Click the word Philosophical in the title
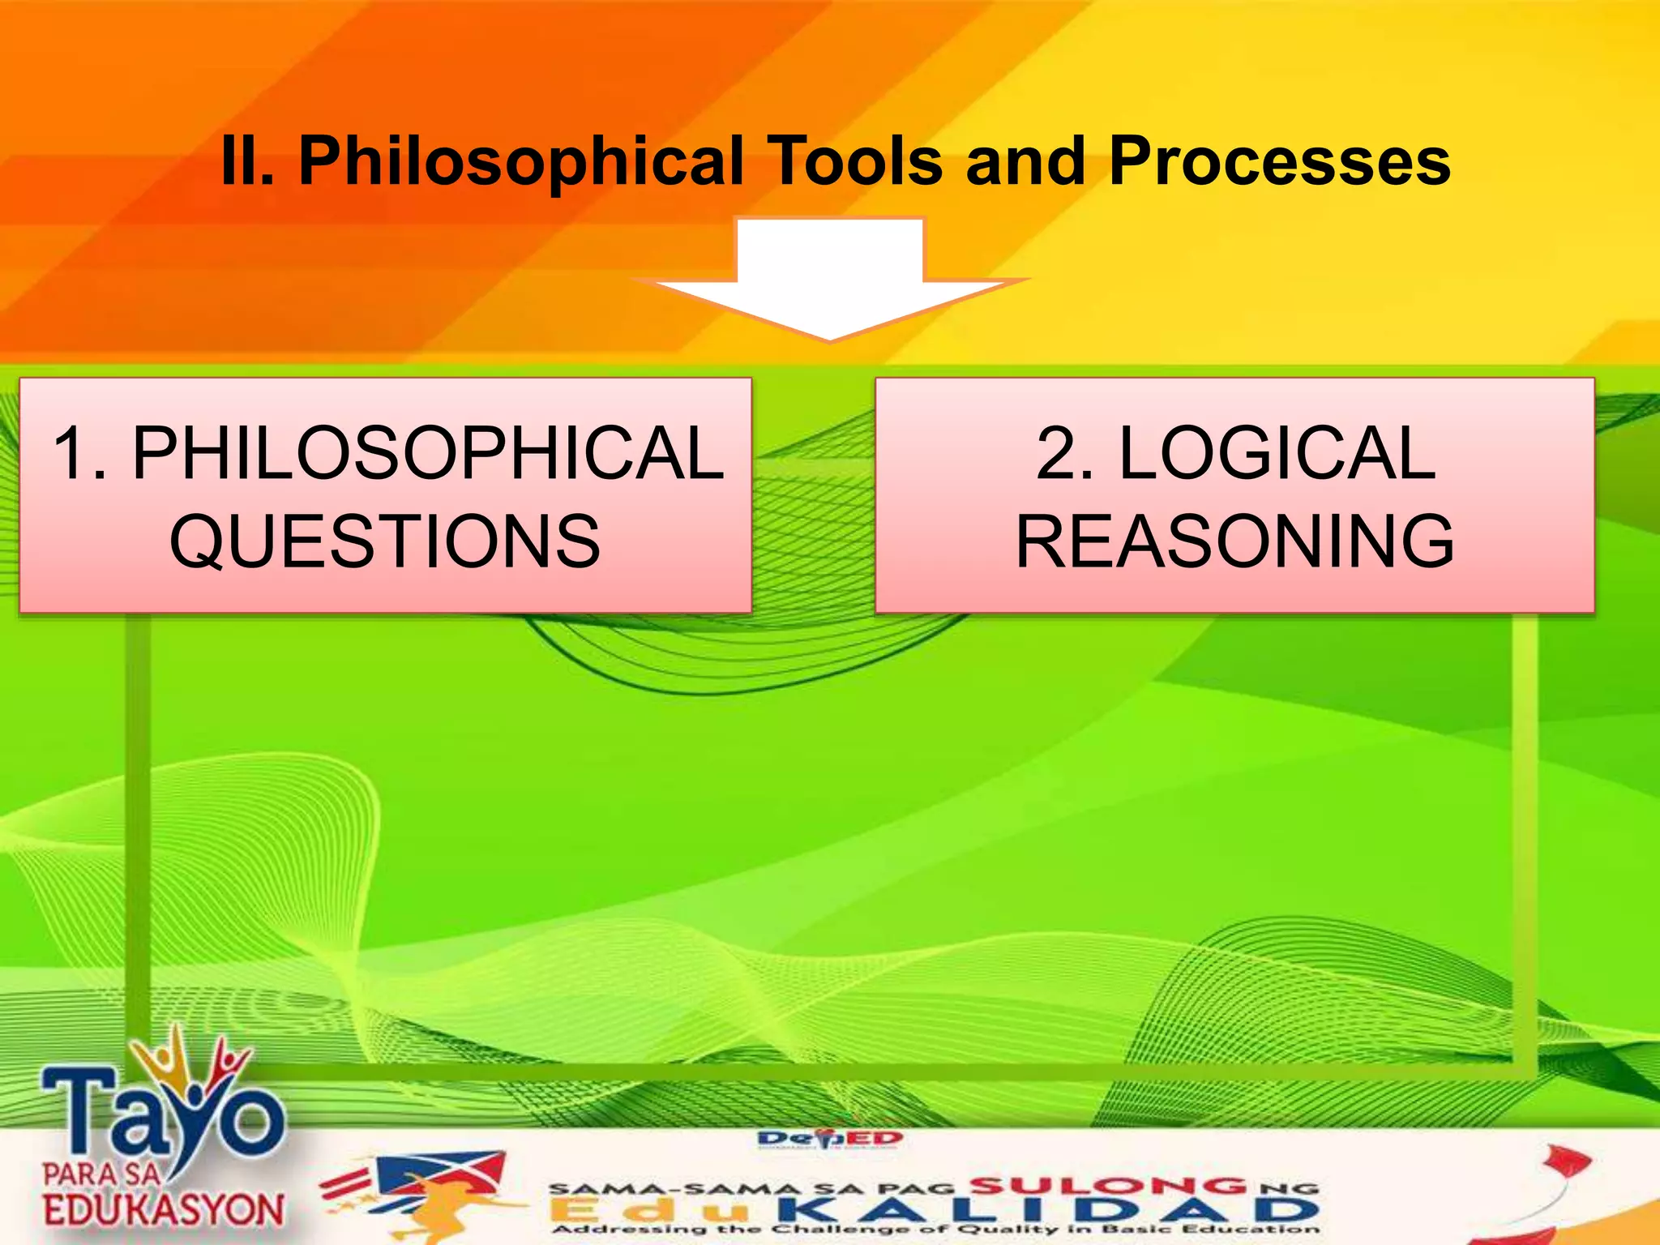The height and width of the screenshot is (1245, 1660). point(521,162)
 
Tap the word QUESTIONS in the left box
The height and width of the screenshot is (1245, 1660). point(385,541)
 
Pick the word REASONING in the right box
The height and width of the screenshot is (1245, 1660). point(1234,541)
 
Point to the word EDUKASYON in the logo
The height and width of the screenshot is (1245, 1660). point(164,1210)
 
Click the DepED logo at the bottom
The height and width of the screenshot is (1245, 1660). point(830,1140)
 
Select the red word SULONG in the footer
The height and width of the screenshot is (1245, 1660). point(1108,1186)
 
